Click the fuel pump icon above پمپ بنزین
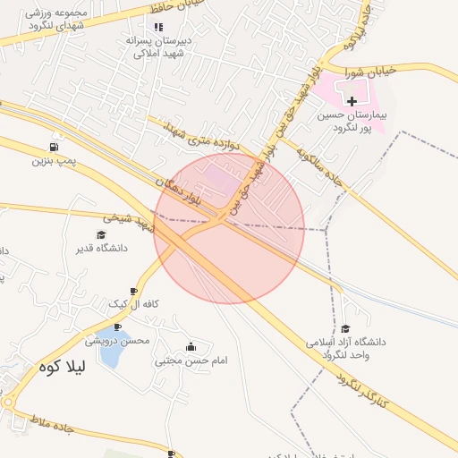click(x=56, y=147)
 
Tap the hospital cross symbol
click(x=352, y=101)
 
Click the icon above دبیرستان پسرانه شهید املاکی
click(x=158, y=27)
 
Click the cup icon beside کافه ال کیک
click(x=134, y=292)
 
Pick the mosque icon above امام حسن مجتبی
click(x=190, y=347)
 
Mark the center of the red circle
click(x=229, y=228)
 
